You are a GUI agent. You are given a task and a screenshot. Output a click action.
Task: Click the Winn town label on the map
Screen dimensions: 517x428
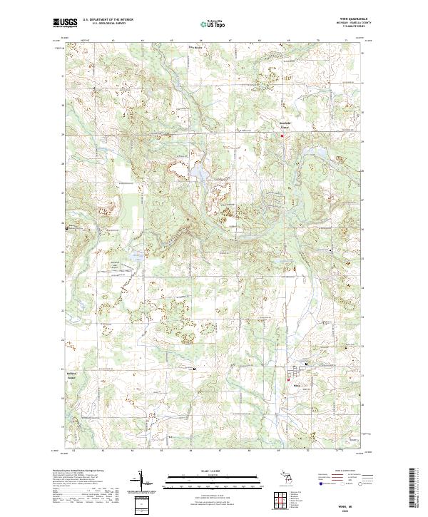tap(296, 385)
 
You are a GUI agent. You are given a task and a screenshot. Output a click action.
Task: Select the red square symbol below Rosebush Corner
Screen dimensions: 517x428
tap(282, 135)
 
